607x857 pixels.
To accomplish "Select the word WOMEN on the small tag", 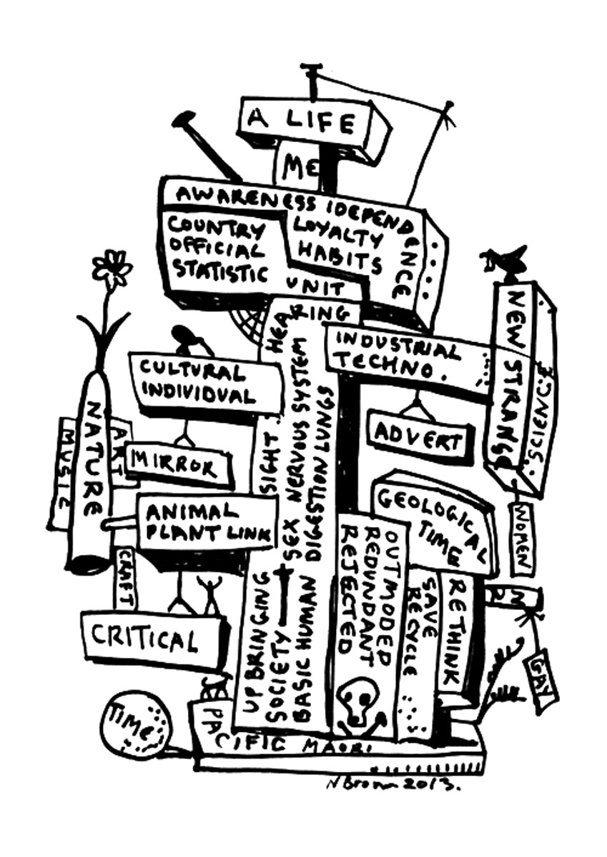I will (523, 536).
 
